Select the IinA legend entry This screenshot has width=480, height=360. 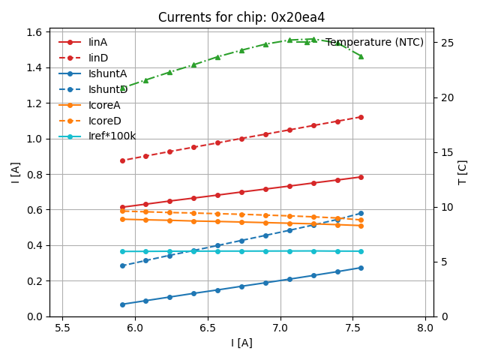[x=98, y=43]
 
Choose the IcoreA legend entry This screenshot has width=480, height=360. [x=105, y=106]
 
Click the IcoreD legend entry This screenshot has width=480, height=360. [x=105, y=121]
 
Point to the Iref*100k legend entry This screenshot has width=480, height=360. [x=112, y=136]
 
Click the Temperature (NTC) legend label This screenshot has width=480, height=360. [x=374, y=43]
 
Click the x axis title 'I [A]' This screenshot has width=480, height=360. [x=241, y=343]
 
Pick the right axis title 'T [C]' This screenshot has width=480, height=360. [x=463, y=172]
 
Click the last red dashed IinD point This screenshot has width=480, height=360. [x=361, y=117]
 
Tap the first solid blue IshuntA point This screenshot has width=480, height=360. [x=122, y=304]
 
